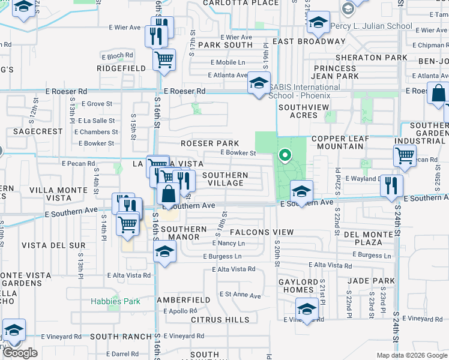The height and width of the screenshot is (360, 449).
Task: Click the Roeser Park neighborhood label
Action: coord(210,143)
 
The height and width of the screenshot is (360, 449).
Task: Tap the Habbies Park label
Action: coord(115,301)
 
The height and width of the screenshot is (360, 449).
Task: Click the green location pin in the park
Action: coord(285,157)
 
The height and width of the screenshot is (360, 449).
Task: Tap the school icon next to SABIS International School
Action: coord(259,83)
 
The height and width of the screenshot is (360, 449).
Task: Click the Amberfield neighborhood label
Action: coord(184,299)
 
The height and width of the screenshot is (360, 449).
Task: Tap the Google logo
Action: coord(20,353)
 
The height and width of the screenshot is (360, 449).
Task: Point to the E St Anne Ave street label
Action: coord(240,295)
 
